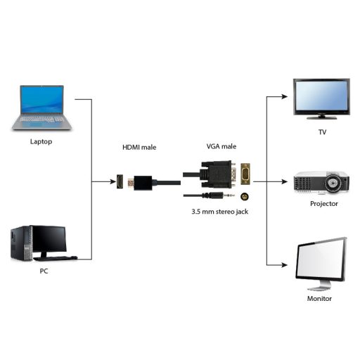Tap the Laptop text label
[x=41, y=141]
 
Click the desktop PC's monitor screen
[x=48, y=239]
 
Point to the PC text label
[x=44, y=271]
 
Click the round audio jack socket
[x=245, y=197]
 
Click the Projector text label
[x=324, y=204]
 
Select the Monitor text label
[x=320, y=298]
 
